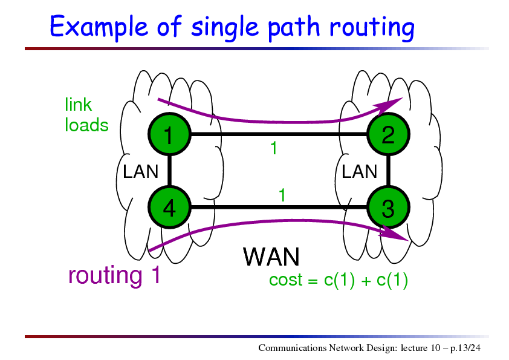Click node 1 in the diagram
169,134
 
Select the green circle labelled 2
388,134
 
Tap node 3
388,207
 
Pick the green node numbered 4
169,207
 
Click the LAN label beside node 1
141,171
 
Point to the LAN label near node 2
359,171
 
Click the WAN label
271,257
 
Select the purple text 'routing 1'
114,275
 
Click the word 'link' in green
78,105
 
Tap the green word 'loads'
86,125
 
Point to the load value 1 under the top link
274,148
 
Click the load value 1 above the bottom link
282,195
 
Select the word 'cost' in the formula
286,280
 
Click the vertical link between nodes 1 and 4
169,171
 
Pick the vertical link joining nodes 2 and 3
388,171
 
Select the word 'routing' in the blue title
372,28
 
